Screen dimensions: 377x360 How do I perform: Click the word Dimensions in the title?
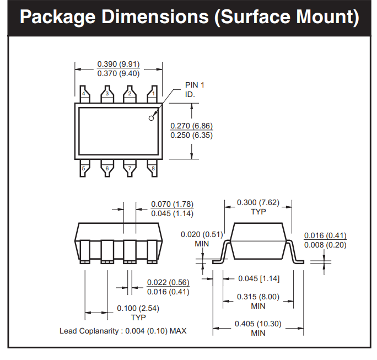coord(155,17)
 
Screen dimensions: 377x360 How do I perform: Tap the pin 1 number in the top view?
coord(153,94)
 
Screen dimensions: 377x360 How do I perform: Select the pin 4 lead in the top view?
coord(85,94)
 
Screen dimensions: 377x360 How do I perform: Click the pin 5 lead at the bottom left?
coord(85,168)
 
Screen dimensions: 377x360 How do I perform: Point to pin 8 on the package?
coord(153,168)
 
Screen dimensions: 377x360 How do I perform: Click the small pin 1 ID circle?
coord(151,118)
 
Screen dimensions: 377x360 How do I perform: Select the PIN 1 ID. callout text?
coord(195,90)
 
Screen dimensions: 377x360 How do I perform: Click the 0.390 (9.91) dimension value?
coord(119,64)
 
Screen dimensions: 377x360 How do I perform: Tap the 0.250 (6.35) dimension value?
coord(192,135)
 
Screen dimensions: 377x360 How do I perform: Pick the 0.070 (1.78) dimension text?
coord(173,204)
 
